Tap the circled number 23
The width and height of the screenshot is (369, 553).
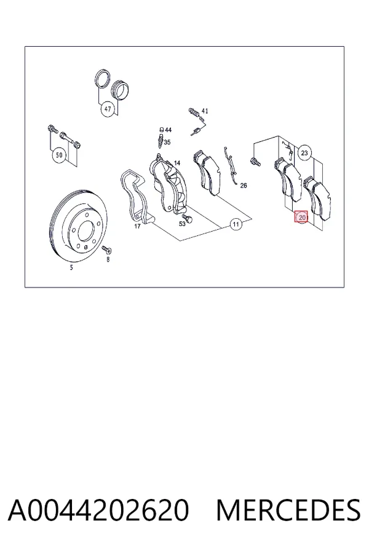pyautogui.click(x=304, y=153)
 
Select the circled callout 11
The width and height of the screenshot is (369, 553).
pyautogui.click(x=236, y=224)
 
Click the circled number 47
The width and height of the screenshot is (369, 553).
pyautogui.click(x=108, y=109)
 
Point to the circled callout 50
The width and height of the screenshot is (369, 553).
pyautogui.click(x=59, y=155)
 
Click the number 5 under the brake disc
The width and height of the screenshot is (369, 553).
pyautogui.click(x=71, y=268)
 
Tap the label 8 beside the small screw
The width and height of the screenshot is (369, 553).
pyautogui.click(x=108, y=259)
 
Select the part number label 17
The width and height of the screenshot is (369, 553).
pyautogui.click(x=137, y=226)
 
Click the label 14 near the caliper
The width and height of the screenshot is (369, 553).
pyautogui.click(x=177, y=163)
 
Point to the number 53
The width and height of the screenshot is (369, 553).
pyautogui.click(x=182, y=224)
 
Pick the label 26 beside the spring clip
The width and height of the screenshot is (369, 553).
pyautogui.click(x=244, y=186)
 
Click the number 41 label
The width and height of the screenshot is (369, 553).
pyautogui.click(x=204, y=111)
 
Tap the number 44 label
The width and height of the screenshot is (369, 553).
pyautogui.click(x=168, y=130)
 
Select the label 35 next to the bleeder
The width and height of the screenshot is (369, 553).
pyautogui.click(x=167, y=143)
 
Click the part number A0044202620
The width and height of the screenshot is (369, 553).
pyautogui.click(x=98, y=510)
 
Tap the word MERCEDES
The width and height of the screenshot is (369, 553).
pyautogui.click(x=288, y=510)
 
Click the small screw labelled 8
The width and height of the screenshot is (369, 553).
pyautogui.click(x=106, y=249)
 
